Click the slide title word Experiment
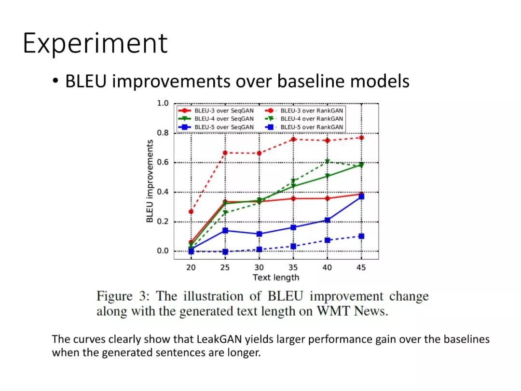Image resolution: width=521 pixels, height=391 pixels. click(x=95, y=43)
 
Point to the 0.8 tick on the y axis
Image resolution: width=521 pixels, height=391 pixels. click(x=163, y=133)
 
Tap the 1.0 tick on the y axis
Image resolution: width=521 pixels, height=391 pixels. click(x=163, y=103)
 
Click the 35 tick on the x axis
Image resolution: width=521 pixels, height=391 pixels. click(x=293, y=267)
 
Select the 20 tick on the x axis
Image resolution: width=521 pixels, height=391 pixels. click(x=191, y=267)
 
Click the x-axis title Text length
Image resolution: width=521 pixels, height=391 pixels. click(x=276, y=277)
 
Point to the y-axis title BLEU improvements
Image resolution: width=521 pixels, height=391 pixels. click(x=150, y=181)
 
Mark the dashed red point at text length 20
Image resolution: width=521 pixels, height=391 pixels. click(x=191, y=211)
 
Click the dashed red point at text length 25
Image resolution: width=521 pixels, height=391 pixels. click(x=225, y=153)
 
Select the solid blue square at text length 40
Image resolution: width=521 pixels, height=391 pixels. click(x=327, y=220)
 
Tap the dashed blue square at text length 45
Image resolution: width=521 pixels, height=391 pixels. click(x=361, y=236)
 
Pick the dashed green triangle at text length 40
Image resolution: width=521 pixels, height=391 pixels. click(x=327, y=162)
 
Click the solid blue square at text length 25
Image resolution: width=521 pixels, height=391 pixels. click(x=225, y=230)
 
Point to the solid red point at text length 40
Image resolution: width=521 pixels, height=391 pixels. click(x=327, y=198)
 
